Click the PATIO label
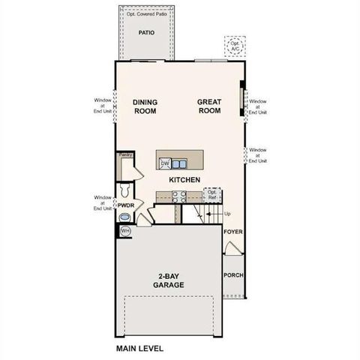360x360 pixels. (147, 33)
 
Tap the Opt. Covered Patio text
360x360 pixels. (147, 13)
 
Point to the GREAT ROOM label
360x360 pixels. (209, 106)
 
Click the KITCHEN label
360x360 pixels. (183, 181)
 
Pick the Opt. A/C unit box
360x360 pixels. (236, 46)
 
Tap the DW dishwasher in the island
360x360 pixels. (164, 163)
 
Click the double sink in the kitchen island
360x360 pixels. (178, 163)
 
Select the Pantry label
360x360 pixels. (124, 156)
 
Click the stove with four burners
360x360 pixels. (180, 197)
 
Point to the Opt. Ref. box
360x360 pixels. (212, 196)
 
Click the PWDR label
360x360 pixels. (125, 205)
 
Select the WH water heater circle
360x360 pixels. (125, 231)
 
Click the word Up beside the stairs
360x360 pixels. (228, 214)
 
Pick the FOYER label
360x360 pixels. (233, 232)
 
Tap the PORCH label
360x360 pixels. (233, 274)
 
